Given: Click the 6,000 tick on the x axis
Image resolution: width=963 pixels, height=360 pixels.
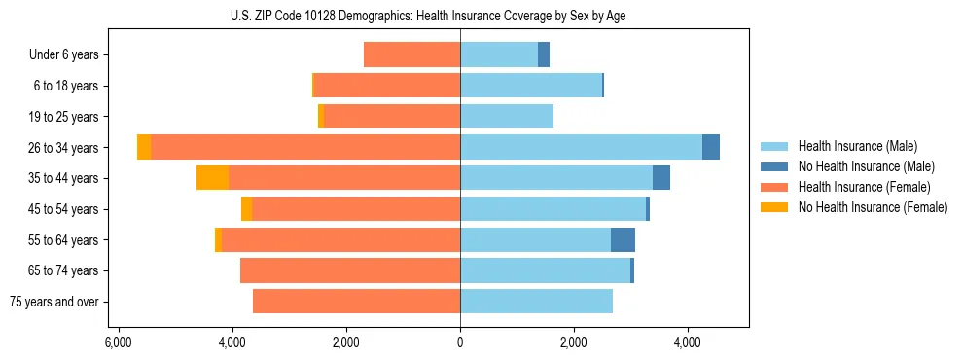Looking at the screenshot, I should coord(118,342).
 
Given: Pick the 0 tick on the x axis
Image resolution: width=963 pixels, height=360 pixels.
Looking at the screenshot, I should coord(460,342).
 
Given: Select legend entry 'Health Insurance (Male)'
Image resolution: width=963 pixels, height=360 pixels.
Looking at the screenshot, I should coord(857,146).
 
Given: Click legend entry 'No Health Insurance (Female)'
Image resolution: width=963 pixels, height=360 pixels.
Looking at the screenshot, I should coord(873,207).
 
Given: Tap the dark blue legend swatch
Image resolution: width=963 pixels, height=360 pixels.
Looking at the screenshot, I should coord(775,166).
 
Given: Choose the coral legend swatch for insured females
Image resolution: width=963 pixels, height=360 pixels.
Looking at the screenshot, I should coord(775,187).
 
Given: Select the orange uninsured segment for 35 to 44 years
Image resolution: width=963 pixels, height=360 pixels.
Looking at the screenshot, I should coord(212,178).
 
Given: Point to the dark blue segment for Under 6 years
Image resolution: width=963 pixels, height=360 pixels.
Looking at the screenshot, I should coord(544,55).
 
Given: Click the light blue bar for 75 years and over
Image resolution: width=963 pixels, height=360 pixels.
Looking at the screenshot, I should coord(536,302).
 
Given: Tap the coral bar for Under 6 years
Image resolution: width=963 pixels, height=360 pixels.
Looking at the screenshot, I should coord(411,55).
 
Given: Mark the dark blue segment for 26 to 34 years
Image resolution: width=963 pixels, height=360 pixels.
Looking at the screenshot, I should coord(711,147).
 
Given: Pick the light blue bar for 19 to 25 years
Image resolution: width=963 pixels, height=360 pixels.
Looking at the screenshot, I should coord(506,117).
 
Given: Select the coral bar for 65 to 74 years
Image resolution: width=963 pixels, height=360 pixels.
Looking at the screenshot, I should coord(350,270).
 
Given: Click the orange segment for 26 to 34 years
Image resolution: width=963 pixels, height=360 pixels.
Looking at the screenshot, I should coord(144,147).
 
